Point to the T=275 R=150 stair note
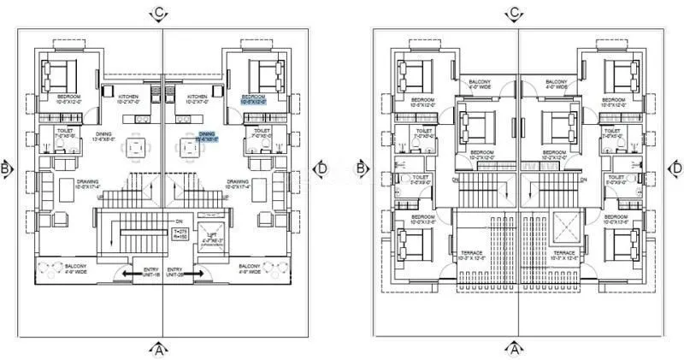[x=180, y=234]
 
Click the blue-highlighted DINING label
[x=207, y=135]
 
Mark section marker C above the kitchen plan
[x=159, y=14]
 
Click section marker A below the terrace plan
[x=515, y=348]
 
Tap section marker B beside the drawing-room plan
[x=8, y=168]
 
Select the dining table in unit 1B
[x=137, y=148]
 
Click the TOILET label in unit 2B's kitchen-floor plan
[x=262, y=131]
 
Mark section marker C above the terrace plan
[x=515, y=14]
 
